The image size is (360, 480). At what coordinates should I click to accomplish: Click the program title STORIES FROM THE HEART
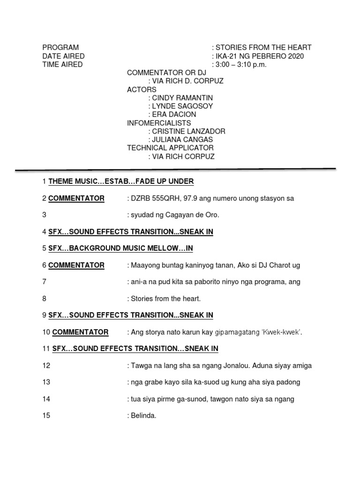263,47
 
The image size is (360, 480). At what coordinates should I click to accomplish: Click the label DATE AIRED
63,56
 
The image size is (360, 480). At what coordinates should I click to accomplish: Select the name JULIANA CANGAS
182,140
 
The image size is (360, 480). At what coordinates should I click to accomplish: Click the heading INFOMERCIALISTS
159,123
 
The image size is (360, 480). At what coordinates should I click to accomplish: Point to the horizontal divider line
175,169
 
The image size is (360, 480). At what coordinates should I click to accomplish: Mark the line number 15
46,415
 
